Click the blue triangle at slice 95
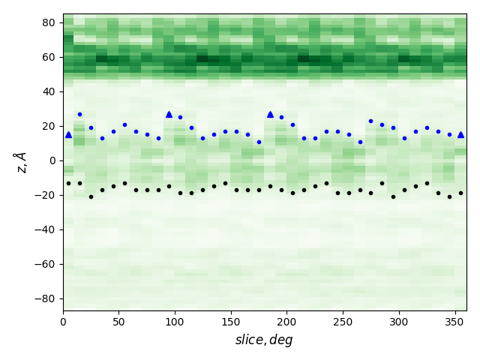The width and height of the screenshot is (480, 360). pyautogui.click(x=169, y=114)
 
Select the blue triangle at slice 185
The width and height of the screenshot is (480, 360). pyautogui.click(x=270, y=114)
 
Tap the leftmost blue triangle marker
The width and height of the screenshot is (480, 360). pyautogui.click(x=68, y=135)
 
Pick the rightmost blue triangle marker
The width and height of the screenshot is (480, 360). pyautogui.click(x=460, y=135)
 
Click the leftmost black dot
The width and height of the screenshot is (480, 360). pyautogui.click(x=68, y=183)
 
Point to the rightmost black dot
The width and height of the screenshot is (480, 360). pyautogui.click(x=460, y=193)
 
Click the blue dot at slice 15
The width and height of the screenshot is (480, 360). pyautogui.click(x=79, y=114)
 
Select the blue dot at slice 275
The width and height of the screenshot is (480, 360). pyautogui.click(x=370, y=121)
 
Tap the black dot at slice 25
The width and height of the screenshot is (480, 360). pyautogui.click(x=91, y=196)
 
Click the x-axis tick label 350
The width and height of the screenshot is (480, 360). pyautogui.click(x=454, y=322)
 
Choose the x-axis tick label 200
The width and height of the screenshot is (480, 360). pyautogui.click(x=286, y=322)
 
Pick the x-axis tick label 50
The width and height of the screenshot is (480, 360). pyautogui.click(x=118, y=322)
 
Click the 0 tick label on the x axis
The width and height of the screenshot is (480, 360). pyautogui.click(x=63, y=322)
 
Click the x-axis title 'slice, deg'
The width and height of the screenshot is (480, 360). pyautogui.click(x=264, y=340)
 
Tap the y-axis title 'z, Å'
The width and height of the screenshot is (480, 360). pyautogui.click(x=20, y=162)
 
